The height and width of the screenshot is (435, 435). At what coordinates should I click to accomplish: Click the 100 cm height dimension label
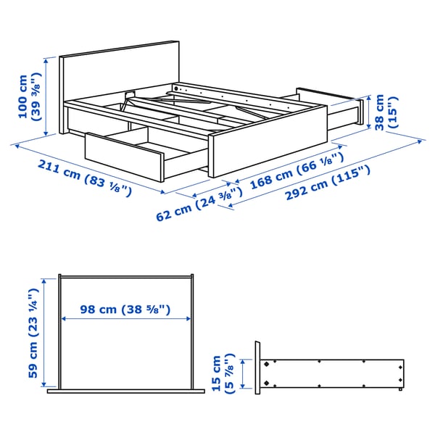pos(29,96)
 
